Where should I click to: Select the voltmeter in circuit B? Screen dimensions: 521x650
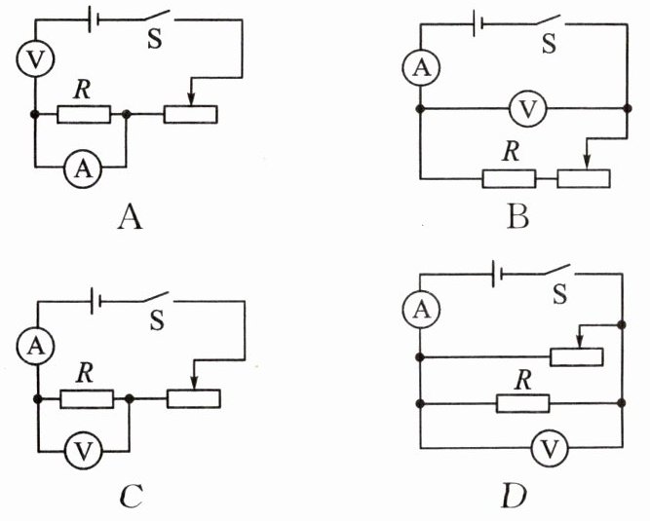(527, 110)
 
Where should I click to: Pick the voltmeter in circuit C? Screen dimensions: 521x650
(84, 451)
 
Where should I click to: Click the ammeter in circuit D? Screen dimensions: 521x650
(420, 310)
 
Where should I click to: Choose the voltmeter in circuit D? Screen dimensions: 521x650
(549, 449)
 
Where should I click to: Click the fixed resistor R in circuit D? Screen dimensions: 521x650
(522, 402)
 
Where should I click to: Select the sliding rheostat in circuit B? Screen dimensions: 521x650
(583, 178)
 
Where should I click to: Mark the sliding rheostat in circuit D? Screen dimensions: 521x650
(576, 355)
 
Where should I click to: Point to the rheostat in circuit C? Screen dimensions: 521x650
(192, 398)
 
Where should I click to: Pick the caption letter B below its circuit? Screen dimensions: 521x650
(519, 212)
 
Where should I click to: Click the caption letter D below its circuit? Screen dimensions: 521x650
(514, 498)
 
